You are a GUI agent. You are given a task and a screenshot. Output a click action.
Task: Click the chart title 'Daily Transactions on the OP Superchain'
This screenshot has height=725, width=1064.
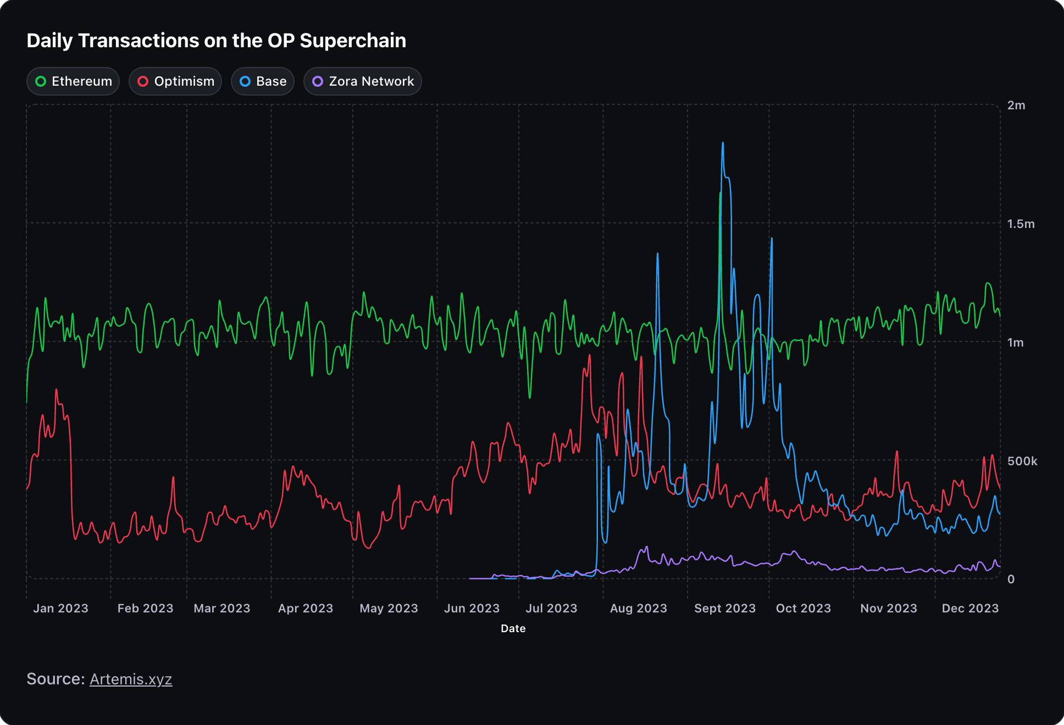pyautogui.click(x=216, y=41)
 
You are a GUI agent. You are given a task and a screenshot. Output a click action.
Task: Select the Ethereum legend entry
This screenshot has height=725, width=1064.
pyautogui.click(x=73, y=81)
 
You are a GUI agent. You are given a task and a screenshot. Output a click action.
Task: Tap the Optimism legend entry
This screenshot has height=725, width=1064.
pyautogui.click(x=175, y=81)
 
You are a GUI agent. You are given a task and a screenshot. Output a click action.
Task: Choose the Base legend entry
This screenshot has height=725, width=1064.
pyautogui.click(x=263, y=81)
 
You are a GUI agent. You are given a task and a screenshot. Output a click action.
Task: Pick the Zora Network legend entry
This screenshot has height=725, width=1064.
pyautogui.click(x=363, y=81)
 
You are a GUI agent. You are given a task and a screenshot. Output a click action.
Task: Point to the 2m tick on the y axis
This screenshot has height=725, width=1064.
pyautogui.click(x=1016, y=105)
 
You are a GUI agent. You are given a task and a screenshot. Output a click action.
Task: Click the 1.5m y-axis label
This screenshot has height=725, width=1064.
pyautogui.click(x=1021, y=224)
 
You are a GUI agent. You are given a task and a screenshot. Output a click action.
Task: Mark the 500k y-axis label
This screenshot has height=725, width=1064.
pyautogui.click(x=1022, y=461)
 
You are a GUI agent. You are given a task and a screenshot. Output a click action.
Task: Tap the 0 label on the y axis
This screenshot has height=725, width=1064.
pyautogui.click(x=1011, y=579)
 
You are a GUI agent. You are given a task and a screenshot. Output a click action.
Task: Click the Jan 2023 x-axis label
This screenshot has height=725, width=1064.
pyautogui.click(x=60, y=609)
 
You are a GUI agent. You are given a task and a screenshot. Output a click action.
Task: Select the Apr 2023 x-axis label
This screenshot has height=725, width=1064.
pyautogui.click(x=306, y=609)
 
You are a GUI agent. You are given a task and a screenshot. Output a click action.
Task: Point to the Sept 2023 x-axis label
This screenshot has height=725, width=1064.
pyautogui.click(x=724, y=609)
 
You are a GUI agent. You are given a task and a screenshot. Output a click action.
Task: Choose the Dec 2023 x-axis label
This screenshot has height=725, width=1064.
pyautogui.click(x=970, y=609)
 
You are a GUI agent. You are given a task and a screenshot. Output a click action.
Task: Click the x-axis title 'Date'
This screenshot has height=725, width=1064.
pyautogui.click(x=513, y=628)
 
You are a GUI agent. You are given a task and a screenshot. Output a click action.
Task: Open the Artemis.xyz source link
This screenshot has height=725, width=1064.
pyautogui.click(x=131, y=679)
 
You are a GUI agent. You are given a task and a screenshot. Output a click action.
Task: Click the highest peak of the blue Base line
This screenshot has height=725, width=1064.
pyautogui.click(x=723, y=143)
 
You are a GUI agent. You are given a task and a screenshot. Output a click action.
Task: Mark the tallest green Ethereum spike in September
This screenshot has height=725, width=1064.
pyautogui.click(x=720, y=193)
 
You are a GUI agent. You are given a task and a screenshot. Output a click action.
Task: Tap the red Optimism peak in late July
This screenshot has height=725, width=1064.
pyautogui.click(x=590, y=355)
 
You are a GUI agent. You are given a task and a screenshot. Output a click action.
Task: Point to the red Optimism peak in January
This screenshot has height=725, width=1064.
pyautogui.click(x=56, y=390)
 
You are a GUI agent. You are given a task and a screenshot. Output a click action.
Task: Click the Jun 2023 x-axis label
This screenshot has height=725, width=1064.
pyautogui.click(x=472, y=609)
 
